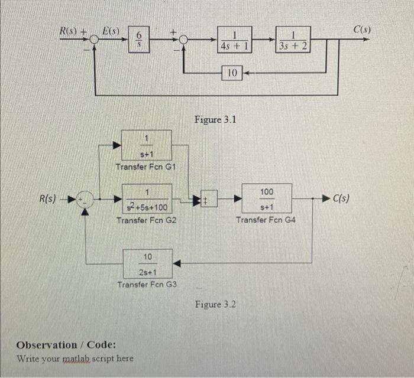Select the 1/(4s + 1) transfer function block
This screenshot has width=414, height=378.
click(x=234, y=40)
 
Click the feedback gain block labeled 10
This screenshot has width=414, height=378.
click(x=232, y=73)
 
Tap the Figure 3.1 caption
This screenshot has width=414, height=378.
click(x=215, y=120)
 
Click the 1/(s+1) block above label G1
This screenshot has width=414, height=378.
click(x=146, y=145)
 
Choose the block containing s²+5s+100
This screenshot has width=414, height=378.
click(x=146, y=199)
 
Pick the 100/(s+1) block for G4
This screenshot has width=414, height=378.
click(x=266, y=199)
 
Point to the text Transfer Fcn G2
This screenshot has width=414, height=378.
click(x=146, y=220)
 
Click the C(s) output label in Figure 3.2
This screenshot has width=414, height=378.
click(x=342, y=198)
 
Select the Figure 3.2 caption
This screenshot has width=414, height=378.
click(x=215, y=304)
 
